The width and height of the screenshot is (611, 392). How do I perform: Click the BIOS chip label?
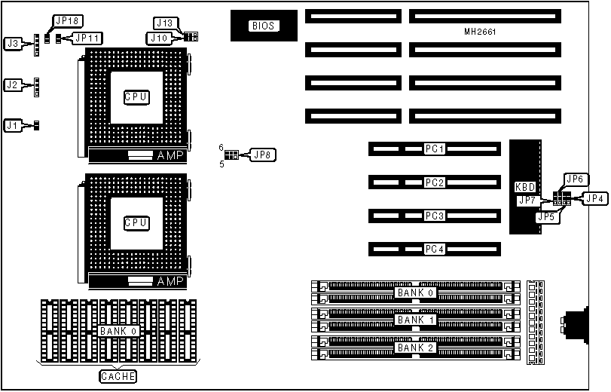(x=264, y=26)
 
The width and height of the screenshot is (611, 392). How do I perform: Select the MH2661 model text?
(x=481, y=32)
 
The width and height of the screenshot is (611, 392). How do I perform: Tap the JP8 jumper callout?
(x=263, y=155)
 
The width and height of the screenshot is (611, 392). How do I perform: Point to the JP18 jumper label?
(x=65, y=21)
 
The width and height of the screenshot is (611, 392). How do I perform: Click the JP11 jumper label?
(x=87, y=37)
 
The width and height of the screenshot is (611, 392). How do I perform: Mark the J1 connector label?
(x=12, y=125)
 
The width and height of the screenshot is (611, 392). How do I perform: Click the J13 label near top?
(x=163, y=23)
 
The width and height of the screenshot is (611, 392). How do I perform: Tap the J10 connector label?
(x=159, y=37)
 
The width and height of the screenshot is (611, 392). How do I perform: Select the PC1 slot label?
(x=435, y=149)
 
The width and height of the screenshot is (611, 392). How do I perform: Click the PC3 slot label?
(x=435, y=216)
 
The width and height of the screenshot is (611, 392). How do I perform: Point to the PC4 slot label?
(x=435, y=249)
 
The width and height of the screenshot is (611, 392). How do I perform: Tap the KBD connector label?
(x=525, y=186)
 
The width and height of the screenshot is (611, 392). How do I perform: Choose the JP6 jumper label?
(x=576, y=179)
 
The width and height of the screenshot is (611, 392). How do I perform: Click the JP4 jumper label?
(x=595, y=199)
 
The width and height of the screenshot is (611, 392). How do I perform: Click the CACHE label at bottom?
(x=118, y=375)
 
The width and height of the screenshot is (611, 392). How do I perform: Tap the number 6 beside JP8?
(x=221, y=147)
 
